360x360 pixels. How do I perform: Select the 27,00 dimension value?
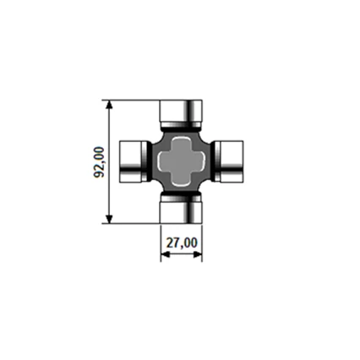(181, 243)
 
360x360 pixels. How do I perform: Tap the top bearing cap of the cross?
(181, 110)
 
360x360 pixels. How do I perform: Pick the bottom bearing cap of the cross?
(181, 211)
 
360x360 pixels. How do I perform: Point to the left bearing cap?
(131, 161)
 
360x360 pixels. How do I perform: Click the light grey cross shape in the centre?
(181, 161)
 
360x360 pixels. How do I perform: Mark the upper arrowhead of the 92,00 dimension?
(109, 105)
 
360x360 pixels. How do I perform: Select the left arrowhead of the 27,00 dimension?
(164, 254)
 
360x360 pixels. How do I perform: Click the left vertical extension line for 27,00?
(160, 241)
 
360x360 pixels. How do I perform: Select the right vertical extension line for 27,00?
(202, 241)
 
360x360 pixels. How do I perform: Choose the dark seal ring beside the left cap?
(149, 161)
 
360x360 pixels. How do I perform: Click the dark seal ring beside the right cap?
(213, 161)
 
